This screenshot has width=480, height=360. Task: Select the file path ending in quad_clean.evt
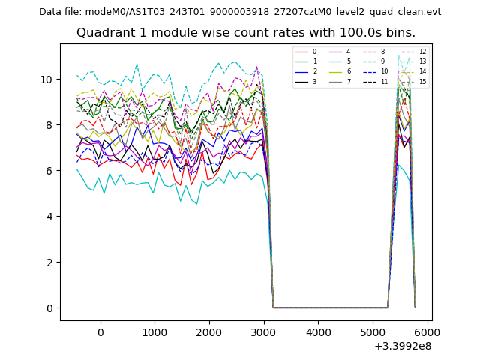263,12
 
